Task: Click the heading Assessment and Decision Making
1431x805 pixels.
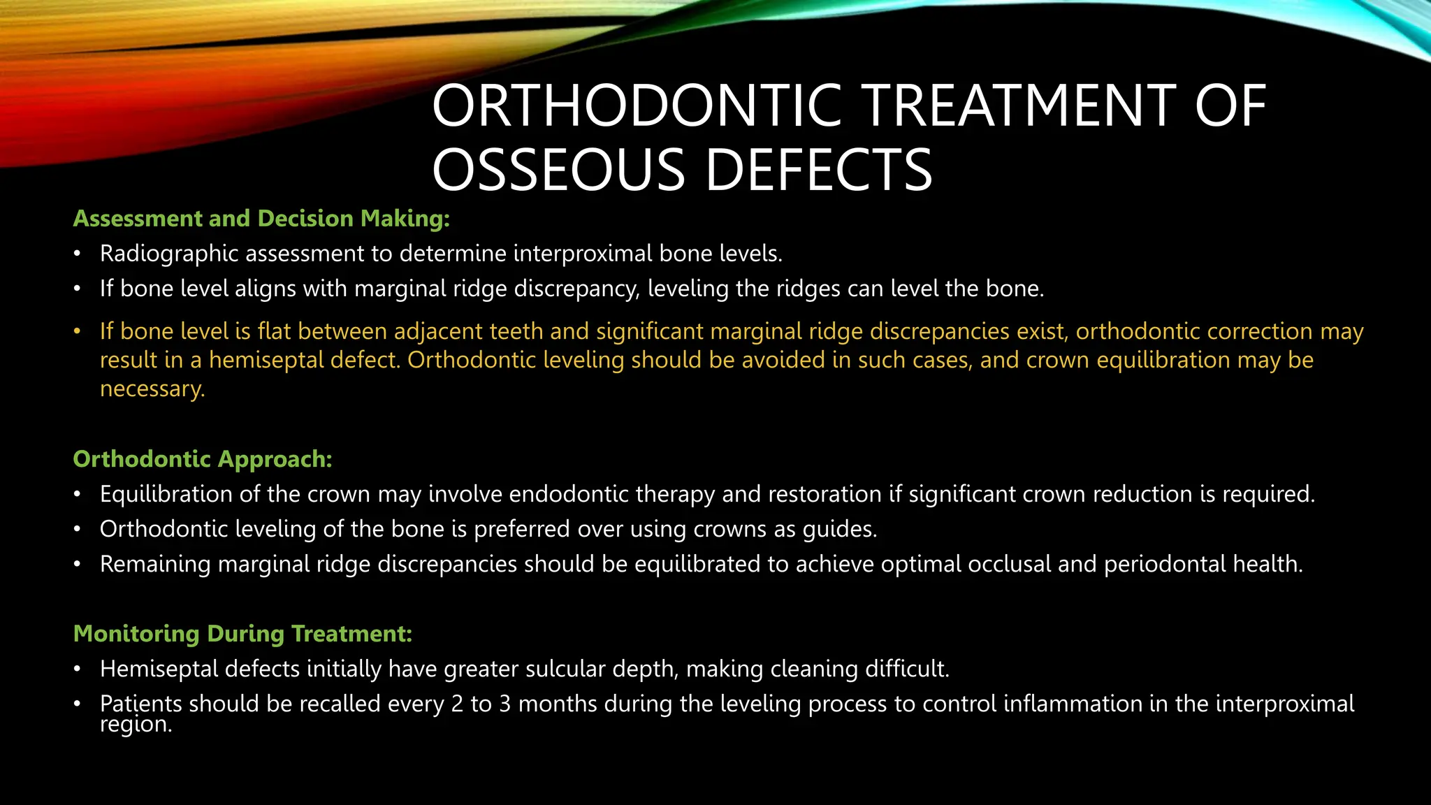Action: coord(261,219)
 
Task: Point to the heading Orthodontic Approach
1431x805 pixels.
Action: coord(203,459)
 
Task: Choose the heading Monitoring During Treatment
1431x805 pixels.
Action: coord(242,634)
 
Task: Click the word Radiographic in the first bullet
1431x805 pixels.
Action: coord(169,254)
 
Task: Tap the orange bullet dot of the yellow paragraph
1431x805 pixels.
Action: coord(78,331)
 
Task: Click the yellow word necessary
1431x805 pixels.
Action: coord(152,389)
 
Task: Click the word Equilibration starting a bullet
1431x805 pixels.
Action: coord(166,494)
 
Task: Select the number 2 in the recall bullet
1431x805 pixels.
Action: coord(458,704)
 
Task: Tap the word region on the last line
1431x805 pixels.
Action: coord(135,725)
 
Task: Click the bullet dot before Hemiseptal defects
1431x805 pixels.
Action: coord(78,669)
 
